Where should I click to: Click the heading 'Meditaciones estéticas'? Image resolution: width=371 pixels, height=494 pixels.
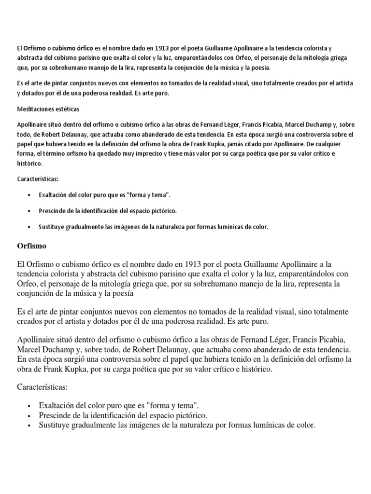48,109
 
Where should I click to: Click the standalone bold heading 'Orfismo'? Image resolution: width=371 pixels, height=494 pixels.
32,246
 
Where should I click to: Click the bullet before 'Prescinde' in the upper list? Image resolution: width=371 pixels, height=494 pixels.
31,211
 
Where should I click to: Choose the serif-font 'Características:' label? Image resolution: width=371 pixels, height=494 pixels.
43,387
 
